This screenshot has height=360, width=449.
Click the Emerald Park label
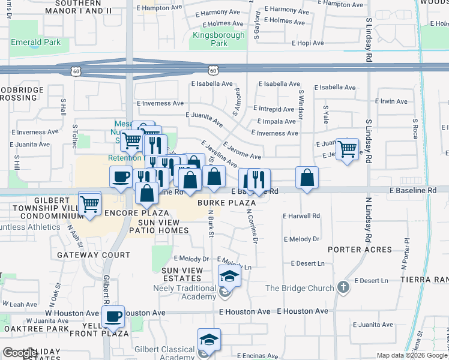click(x=36, y=43)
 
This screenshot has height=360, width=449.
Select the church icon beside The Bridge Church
click(x=343, y=288)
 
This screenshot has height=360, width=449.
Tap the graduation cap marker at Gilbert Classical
click(x=209, y=340)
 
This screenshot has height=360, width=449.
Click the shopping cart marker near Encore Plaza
click(x=90, y=203)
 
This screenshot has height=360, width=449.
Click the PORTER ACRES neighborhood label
click(x=360, y=250)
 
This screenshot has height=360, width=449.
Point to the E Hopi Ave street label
click(x=307, y=44)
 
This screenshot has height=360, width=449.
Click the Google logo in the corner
click(x=20, y=353)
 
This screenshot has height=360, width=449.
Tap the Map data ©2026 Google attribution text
click(x=412, y=355)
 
